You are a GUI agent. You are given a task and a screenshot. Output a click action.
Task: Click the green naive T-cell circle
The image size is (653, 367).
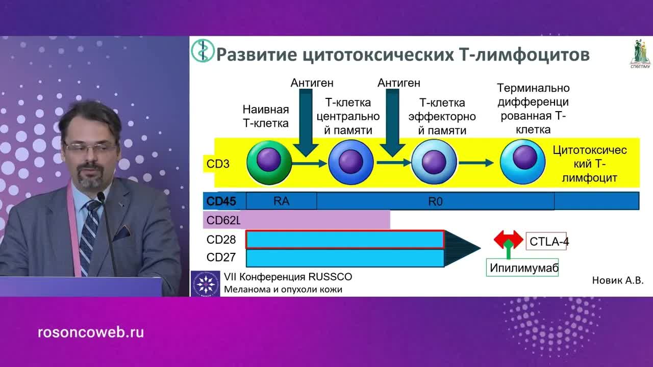tap(269, 163)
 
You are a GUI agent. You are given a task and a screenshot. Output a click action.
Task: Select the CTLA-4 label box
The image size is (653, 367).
tap(547, 242)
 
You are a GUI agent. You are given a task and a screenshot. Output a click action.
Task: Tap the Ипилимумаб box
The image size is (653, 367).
tap(522, 268)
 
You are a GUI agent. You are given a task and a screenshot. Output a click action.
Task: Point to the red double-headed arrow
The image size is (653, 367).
tap(508, 239)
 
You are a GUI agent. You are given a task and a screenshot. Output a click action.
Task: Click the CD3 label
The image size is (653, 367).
tap(218, 164)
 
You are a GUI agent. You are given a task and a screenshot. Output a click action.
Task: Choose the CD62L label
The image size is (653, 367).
tap(223, 221)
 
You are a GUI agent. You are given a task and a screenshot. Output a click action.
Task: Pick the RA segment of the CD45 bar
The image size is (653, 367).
tap(281, 201)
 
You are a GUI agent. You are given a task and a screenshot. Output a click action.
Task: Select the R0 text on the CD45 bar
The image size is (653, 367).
tap(435, 201)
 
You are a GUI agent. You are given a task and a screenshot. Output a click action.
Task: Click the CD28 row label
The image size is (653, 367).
tap(221, 240)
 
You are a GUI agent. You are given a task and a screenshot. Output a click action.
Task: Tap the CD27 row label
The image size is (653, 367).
tap(221, 256)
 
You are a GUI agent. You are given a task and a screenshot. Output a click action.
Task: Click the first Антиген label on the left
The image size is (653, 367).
tap(312, 83)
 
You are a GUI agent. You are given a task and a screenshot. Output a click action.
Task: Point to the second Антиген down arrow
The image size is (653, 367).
tap(392, 123)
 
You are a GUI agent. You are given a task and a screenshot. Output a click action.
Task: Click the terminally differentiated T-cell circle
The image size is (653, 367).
tap(522, 162)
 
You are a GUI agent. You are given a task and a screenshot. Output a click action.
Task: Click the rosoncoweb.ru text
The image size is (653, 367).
tap(91, 333)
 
